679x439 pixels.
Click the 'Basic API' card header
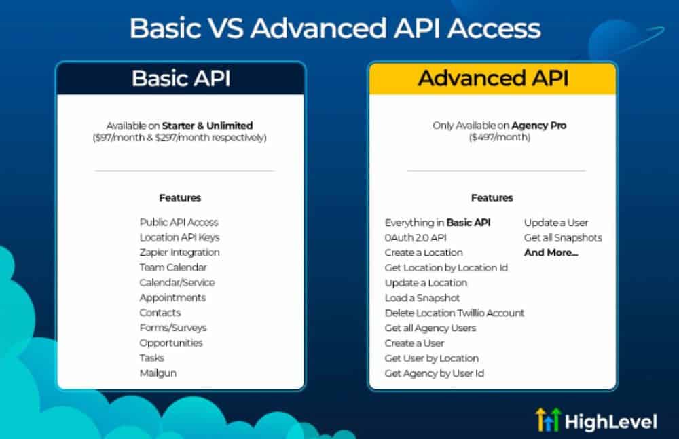pyautogui.click(x=181, y=78)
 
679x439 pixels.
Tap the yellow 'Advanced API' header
pyautogui.click(x=493, y=78)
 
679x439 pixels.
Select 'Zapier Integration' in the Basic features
pyautogui.click(x=179, y=252)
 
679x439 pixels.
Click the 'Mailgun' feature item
pyautogui.click(x=158, y=373)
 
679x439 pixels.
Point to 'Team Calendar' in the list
pyautogui.click(x=172, y=267)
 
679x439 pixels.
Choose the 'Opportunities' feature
pyautogui.click(x=171, y=343)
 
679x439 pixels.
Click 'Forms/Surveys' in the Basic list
pyautogui.click(x=172, y=328)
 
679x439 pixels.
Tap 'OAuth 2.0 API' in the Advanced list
pyautogui.click(x=416, y=237)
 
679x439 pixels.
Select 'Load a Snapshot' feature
pyautogui.click(x=422, y=298)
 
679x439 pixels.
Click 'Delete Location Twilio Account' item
pyautogui.click(x=454, y=313)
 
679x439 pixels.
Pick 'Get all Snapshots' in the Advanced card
pyautogui.click(x=563, y=237)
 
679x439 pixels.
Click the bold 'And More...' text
pyautogui.click(x=551, y=252)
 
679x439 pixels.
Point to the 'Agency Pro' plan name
pyautogui.click(x=538, y=126)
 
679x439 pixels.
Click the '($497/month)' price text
pyautogui.click(x=499, y=137)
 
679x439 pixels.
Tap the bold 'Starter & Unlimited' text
pyautogui.click(x=207, y=126)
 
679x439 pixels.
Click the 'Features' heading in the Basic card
pyautogui.click(x=180, y=198)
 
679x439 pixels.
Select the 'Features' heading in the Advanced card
pyautogui.click(x=492, y=198)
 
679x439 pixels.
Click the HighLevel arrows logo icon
pyautogui.click(x=548, y=420)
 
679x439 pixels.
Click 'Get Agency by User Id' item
pyautogui.click(x=435, y=373)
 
